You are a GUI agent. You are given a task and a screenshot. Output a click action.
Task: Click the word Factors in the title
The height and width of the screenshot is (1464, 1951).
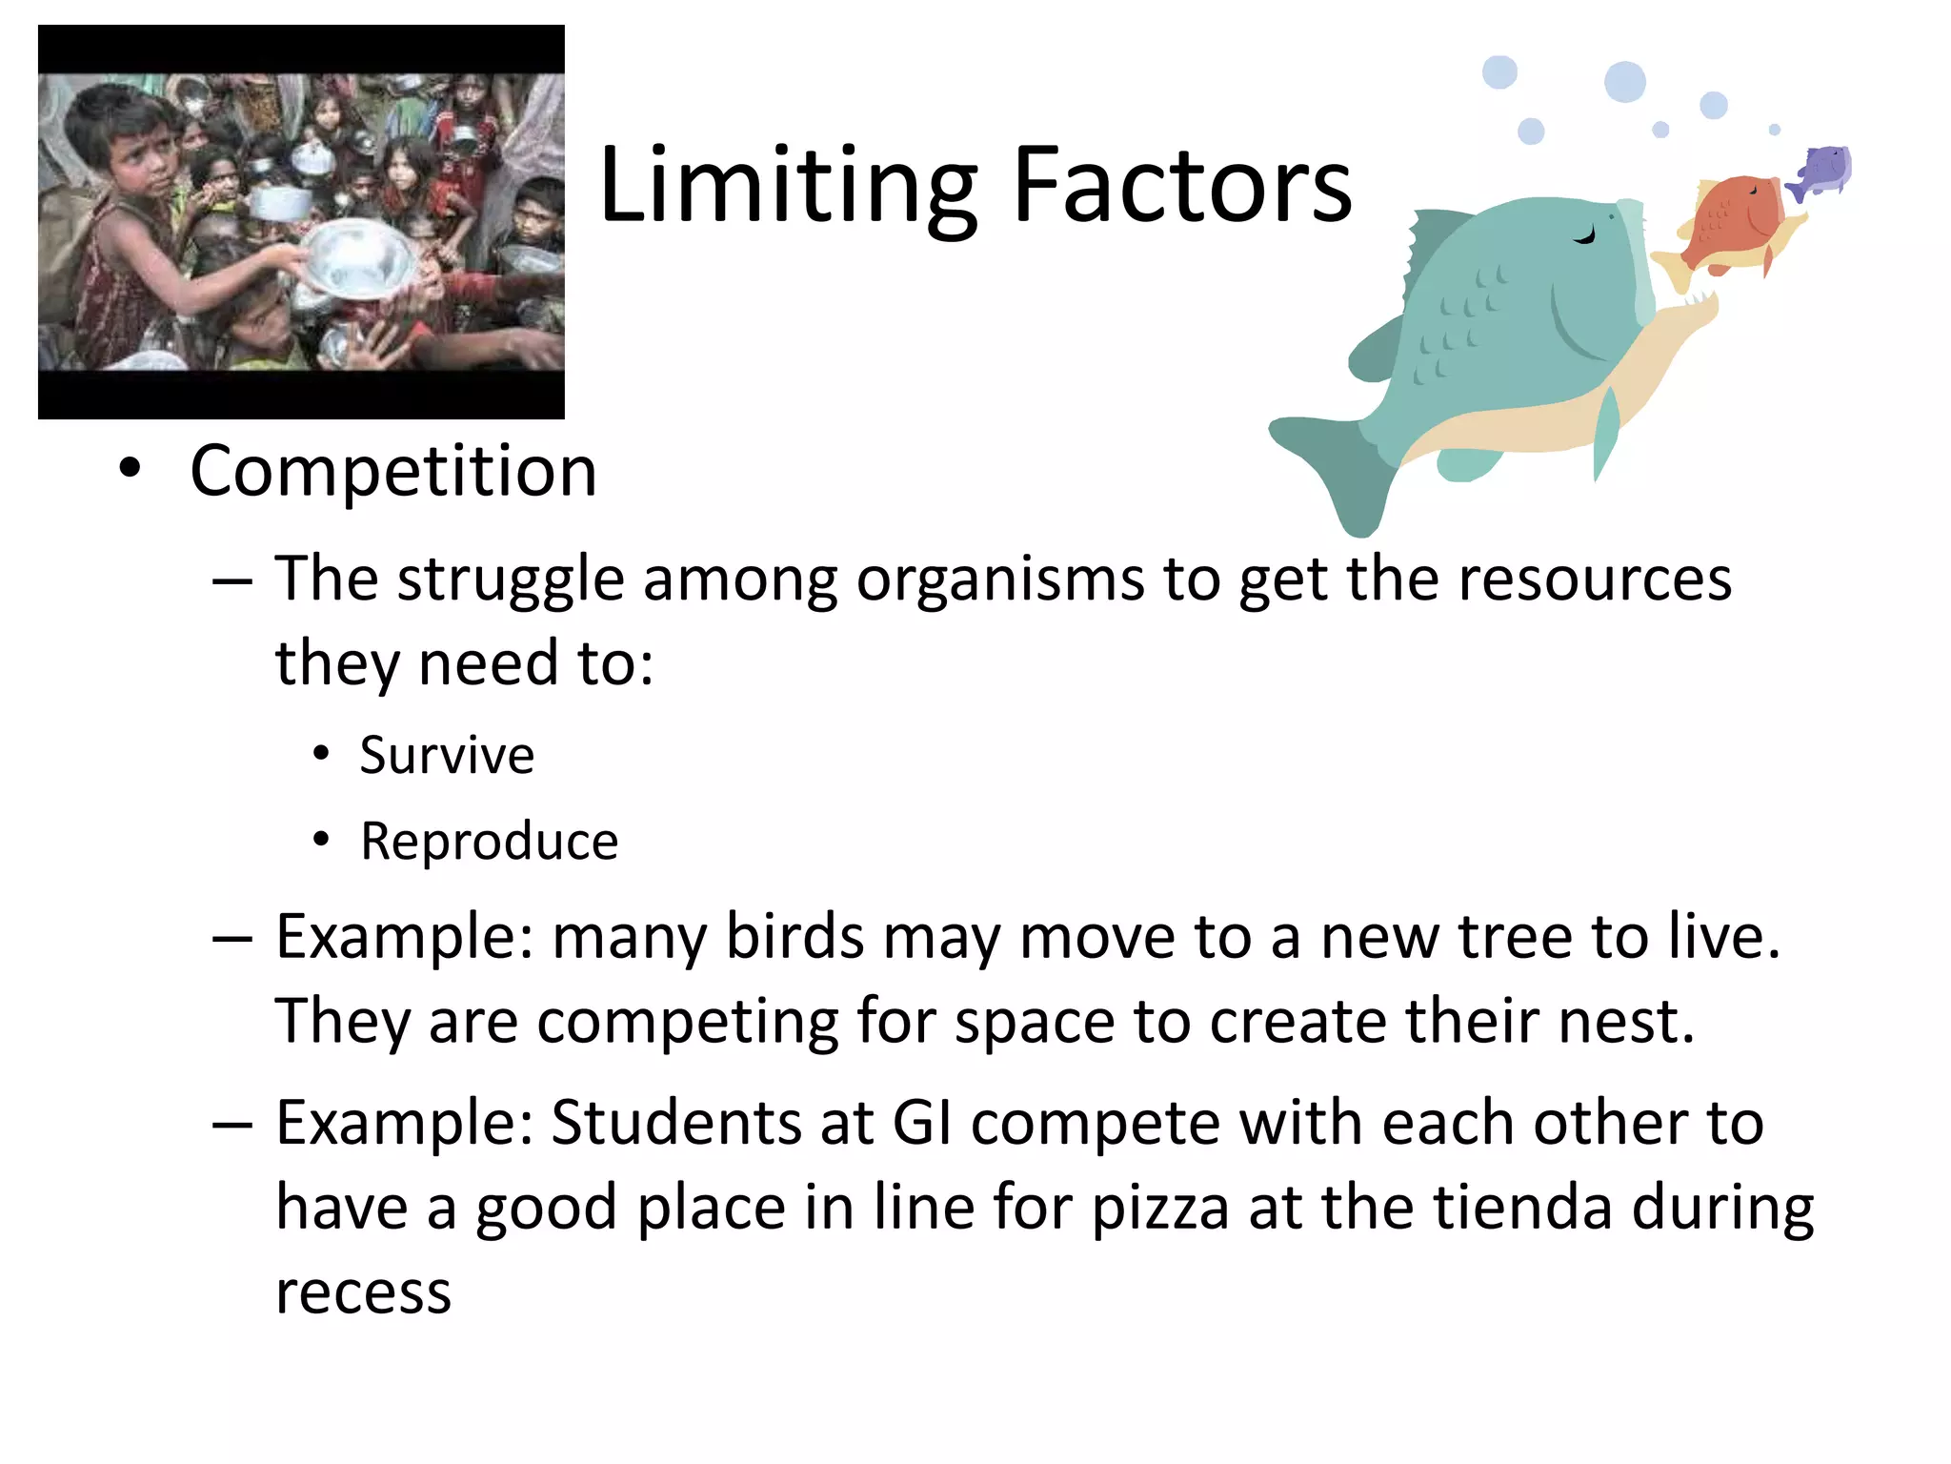tap(1181, 186)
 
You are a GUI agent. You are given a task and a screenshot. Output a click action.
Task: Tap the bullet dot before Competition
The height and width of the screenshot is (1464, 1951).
tap(130, 469)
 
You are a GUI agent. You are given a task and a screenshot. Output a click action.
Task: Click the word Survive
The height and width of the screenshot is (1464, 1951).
tap(447, 756)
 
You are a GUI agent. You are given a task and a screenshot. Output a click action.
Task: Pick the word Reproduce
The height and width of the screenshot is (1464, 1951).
tap(490, 842)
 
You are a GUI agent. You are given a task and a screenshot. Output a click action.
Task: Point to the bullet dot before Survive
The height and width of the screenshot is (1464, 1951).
tap(321, 755)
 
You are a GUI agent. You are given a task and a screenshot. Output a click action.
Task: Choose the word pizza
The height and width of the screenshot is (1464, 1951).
tap(1160, 1209)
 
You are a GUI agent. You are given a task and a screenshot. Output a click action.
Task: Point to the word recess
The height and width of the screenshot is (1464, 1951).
tap(363, 1293)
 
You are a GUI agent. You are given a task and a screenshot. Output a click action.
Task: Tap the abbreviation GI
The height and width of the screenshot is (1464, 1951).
tap(922, 1123)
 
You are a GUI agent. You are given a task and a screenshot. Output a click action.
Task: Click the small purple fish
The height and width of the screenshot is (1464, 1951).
tap(1823, 172)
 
